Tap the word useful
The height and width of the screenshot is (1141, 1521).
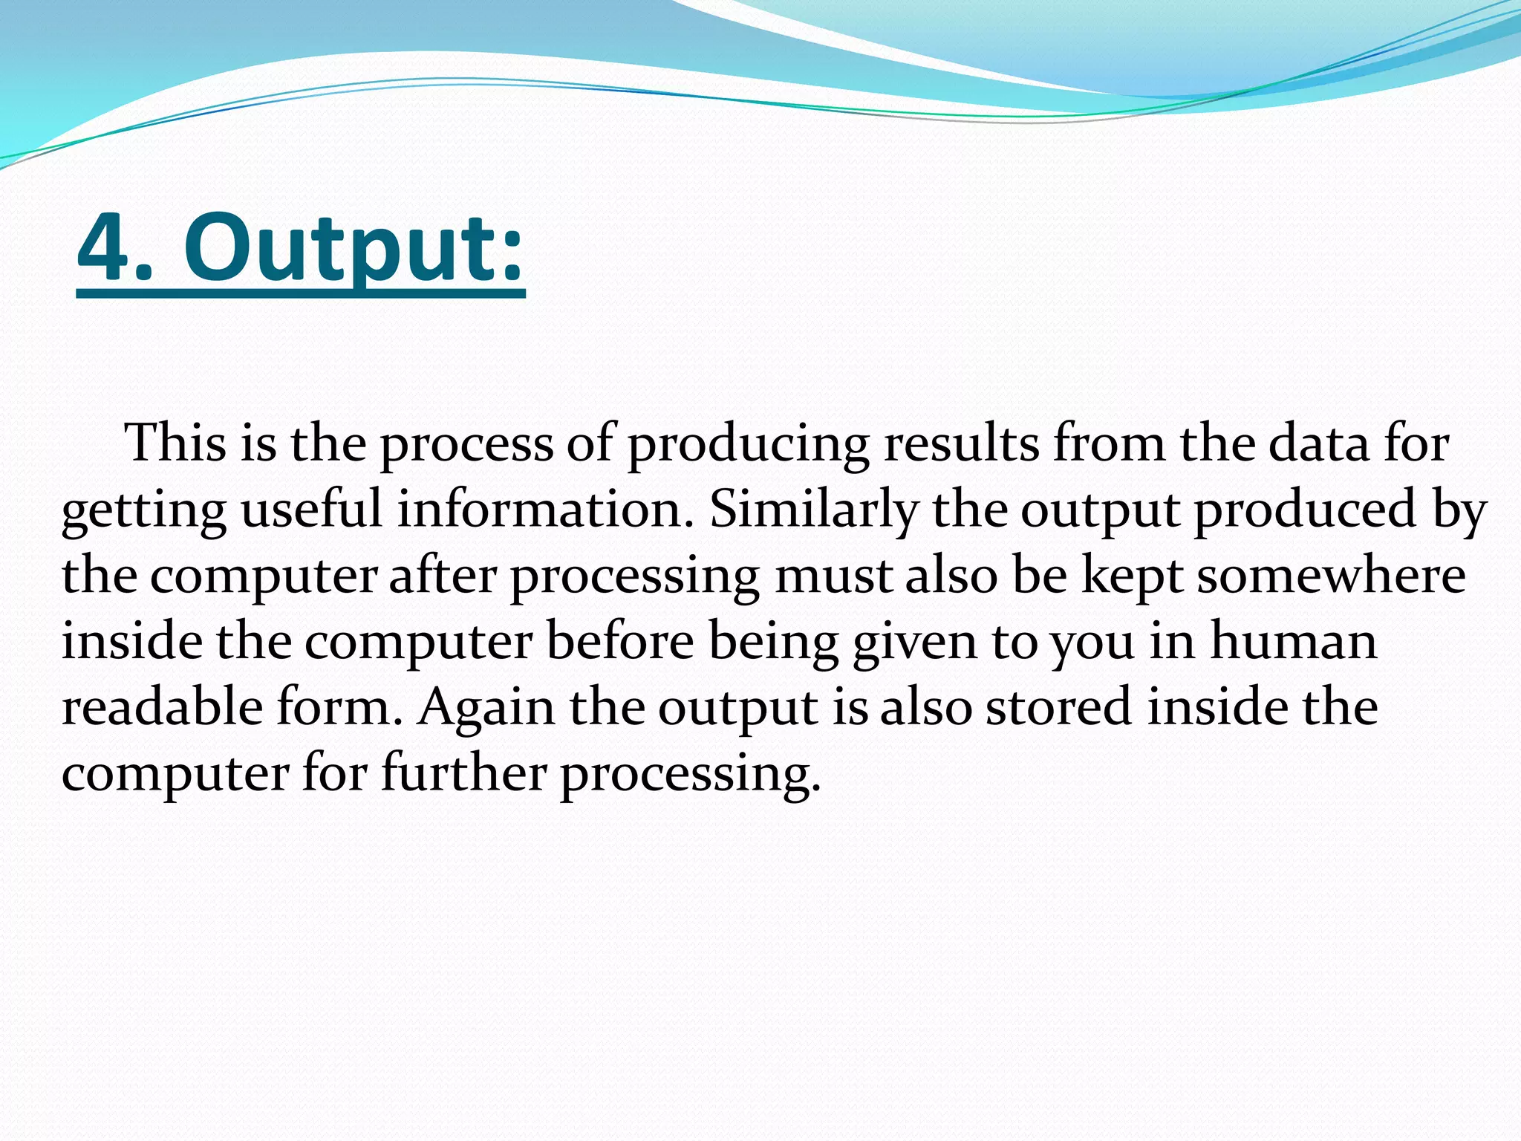(311, 510)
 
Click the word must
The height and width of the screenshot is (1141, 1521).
(833, 576)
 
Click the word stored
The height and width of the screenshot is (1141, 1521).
(1059, 707)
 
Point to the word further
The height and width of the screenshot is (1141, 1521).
(463, 773)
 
